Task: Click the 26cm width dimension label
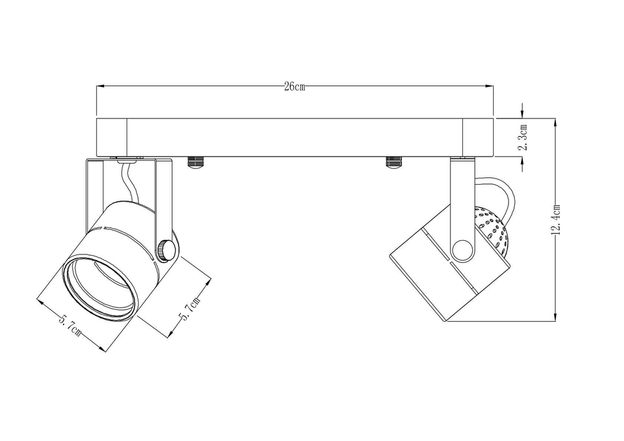click(295, 87)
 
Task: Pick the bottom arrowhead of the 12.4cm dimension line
click(555, 317)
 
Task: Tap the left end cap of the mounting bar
click(112, 137)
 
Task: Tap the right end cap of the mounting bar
click(478, 137)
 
